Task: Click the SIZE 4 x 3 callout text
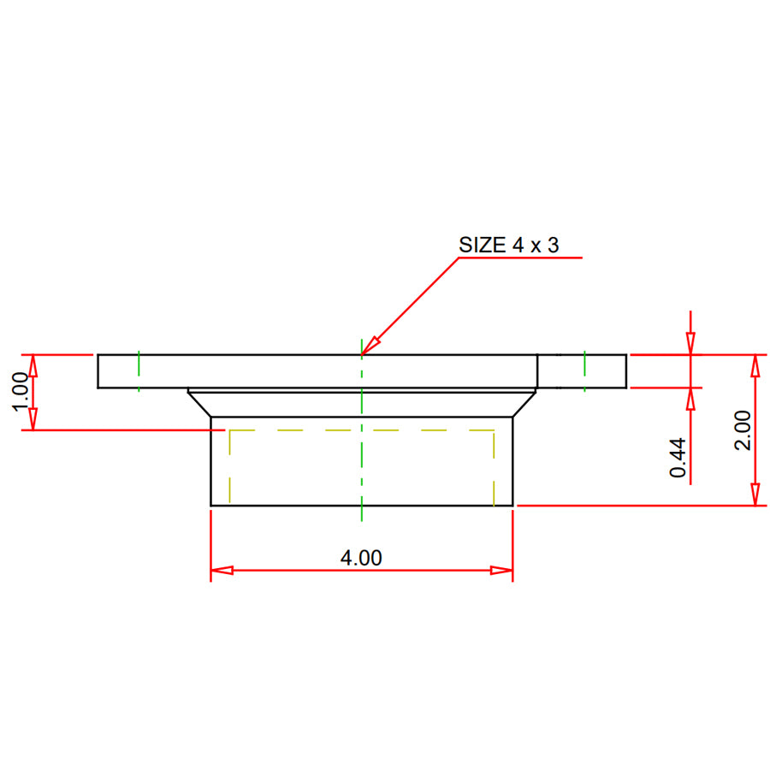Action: coord(509,245)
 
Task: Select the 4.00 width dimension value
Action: coord(361,558)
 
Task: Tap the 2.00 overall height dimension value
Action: coord(743,429)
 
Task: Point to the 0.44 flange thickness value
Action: coord(678,458)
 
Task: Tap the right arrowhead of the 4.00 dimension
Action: coord(502,571)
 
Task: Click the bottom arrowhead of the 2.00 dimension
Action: coord(755,495)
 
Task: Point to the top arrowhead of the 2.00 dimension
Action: coord(755,364)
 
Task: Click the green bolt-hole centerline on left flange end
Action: coord(139,370)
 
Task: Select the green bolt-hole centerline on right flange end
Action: coord(584,370)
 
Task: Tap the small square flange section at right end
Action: coord(582,370)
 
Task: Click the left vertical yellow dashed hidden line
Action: coord(229,466)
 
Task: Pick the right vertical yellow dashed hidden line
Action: coord(494,466)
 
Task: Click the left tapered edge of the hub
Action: coord(200,404)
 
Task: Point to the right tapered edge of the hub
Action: coord(524,404)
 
